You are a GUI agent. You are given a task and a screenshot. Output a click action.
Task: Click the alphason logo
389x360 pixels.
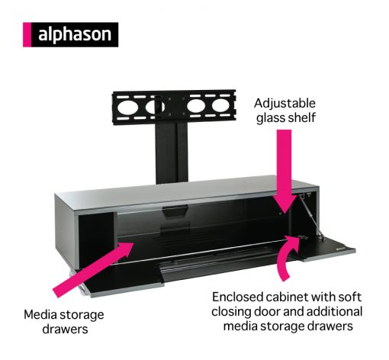click(x=70, y=34)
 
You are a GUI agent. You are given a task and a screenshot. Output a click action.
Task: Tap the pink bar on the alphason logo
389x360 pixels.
click(x=27, y=34)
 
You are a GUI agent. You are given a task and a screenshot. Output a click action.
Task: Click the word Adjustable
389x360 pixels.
click(x=285, y=104)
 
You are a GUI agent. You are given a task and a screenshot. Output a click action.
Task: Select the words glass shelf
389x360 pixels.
click(x=286, y=117)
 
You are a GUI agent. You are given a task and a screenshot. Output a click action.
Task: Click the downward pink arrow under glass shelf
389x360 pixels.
click(x=285, y=170)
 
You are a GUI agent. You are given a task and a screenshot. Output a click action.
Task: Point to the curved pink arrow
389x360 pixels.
click(x=287, y=257)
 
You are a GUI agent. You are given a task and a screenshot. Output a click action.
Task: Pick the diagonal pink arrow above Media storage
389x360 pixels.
click(x=94, y=268)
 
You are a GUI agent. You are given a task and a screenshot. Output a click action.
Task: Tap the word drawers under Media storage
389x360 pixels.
click(x=65, y=329)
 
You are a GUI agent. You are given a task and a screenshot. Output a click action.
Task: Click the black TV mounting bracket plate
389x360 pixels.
click(x=174, y=107)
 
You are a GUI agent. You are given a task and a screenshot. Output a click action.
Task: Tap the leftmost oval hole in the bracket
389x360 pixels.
click(x=127, y=107)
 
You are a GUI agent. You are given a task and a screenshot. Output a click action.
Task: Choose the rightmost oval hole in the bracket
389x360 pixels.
click(x=220, y=105)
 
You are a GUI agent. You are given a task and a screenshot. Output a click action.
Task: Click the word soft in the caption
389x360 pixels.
click(x=349, y=297)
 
